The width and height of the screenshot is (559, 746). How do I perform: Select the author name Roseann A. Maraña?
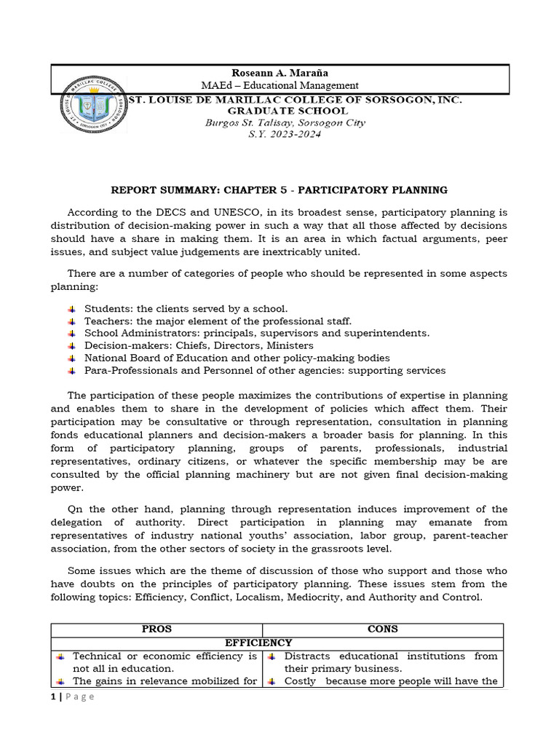[269, 73]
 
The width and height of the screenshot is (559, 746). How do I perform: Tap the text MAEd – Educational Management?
[269, 86]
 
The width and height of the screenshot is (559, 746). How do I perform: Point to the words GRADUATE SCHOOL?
[289, 111]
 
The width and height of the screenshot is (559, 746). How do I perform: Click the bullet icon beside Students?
[71, 309]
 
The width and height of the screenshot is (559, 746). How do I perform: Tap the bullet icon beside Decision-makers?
[71, 345]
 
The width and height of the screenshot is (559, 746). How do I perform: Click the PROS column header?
[156, 629]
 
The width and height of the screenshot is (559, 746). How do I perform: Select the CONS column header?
[383, 629]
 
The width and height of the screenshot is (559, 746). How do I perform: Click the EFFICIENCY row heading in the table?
[258, 643]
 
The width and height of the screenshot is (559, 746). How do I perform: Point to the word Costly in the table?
[301, 681]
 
